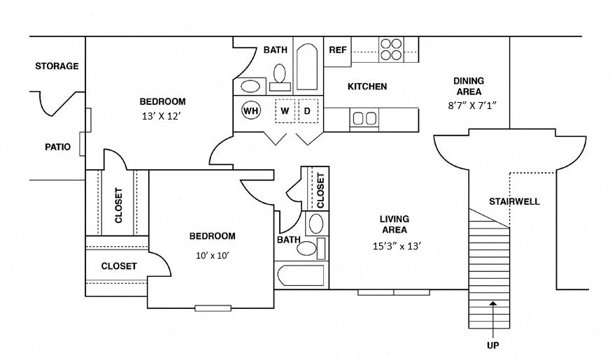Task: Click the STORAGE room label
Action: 57,66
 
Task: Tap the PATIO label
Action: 58,147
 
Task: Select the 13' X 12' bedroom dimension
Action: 162,116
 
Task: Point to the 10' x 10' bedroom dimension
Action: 213,255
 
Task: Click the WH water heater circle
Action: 251,110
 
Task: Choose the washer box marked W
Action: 285,110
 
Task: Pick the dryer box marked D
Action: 306,110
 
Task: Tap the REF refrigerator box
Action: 338,50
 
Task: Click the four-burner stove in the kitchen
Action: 391,48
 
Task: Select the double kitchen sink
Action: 364,118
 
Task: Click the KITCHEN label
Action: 367,87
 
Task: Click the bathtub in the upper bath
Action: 306,68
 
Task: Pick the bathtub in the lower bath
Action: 300,276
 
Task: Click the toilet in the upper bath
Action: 280,75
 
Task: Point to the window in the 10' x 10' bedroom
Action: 213,308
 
